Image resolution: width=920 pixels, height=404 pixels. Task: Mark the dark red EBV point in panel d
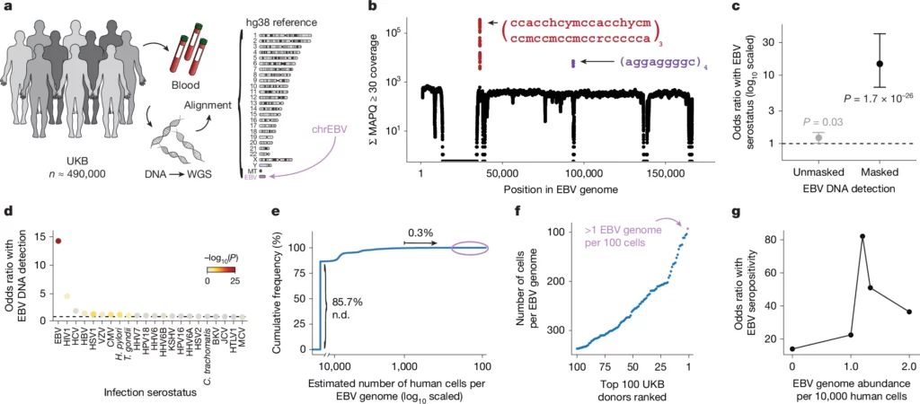(58, 241)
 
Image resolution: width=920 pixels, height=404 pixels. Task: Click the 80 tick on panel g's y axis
(775, 238)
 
